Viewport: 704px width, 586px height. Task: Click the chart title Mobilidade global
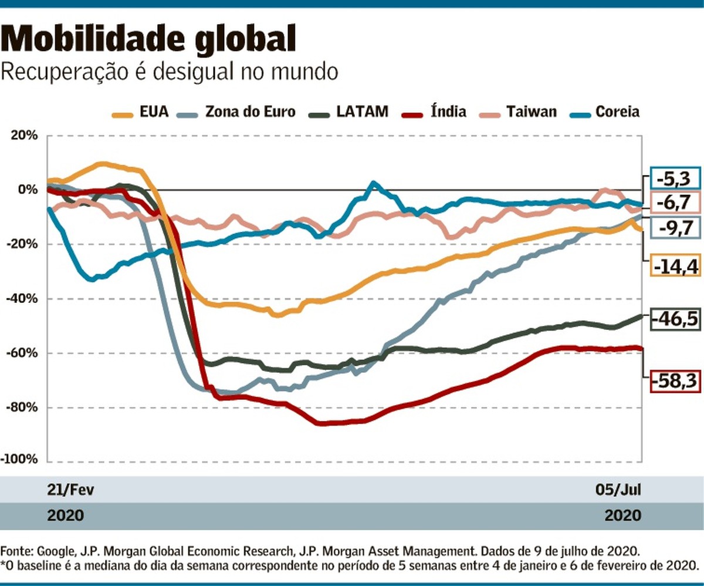[149, 39]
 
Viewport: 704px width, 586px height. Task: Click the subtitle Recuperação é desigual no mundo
[170, 72]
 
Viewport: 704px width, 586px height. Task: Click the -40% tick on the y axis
[21, 299]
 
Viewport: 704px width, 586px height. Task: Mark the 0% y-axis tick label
[27, 190]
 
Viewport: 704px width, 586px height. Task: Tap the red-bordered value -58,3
[675, 382]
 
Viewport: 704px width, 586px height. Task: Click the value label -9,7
[675, 226]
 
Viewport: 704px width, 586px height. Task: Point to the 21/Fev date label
[70, 490]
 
